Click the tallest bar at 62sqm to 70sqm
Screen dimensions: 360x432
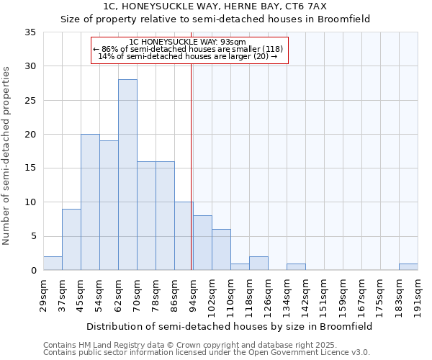tap(127, 175)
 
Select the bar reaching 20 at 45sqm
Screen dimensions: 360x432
tap(90, 202)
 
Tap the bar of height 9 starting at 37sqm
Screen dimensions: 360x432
tap(71, 240)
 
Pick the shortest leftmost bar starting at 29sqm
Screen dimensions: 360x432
tap(53, 264)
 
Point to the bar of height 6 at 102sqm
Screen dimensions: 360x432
tap(221, 250)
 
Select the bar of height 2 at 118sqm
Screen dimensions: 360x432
tap(258, 264)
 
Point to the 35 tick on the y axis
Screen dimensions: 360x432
tap(30, 32)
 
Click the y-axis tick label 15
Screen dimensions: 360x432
tap(30, 168)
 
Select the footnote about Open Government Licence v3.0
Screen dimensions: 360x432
tap(207, 352)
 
